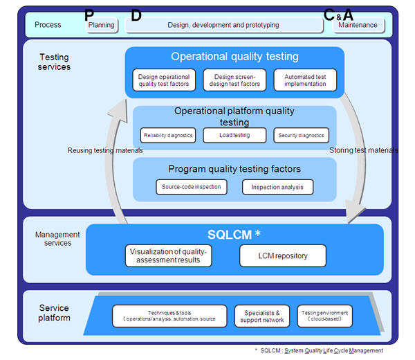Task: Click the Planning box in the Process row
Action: click(x=101, y=25)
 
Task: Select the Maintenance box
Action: click(x=358, y=25)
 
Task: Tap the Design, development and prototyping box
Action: click(x=223, y=25)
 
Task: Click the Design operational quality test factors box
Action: click(x=165, y=80)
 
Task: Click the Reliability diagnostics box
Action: click(x=167, y=136)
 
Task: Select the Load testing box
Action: click(x=234, y=136)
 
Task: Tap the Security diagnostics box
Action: click(x=301, y=136)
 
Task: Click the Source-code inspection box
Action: click(x=192, y=187)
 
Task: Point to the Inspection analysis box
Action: click(x=277, y=187)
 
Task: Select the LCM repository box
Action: click(x=283, y=256)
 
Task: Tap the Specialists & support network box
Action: click(x=262, y=316)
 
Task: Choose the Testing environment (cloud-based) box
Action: click(x=324, y=316)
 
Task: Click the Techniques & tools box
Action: click(x=169, y=316)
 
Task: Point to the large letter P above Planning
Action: click(x=88, y=15)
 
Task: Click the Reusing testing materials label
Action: click(x=104, y=150)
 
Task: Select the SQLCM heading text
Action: click(x=231, y=235)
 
